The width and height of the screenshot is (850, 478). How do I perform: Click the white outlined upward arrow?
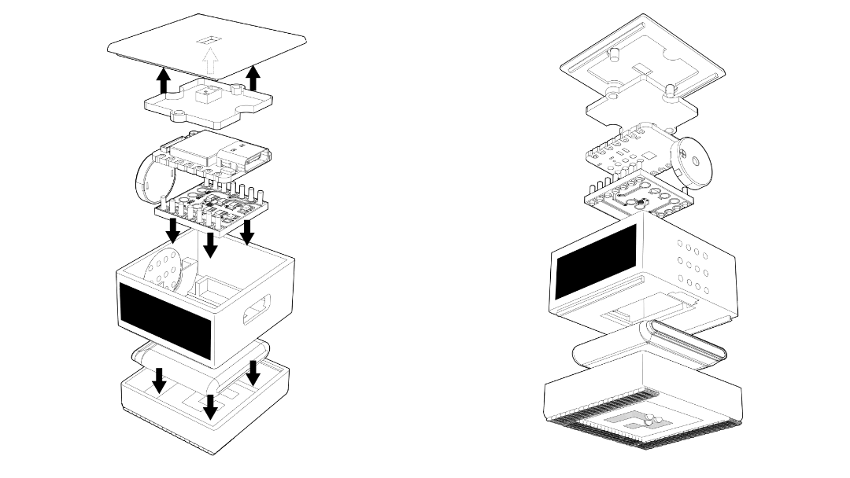pos(209,61)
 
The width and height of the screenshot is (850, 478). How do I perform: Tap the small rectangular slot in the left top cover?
pos(209,39)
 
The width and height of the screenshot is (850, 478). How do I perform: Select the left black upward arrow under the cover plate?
pos(163,80)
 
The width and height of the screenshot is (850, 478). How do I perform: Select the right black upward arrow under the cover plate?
pos(253,78)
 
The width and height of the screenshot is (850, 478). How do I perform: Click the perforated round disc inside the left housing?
pos(168,271)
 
